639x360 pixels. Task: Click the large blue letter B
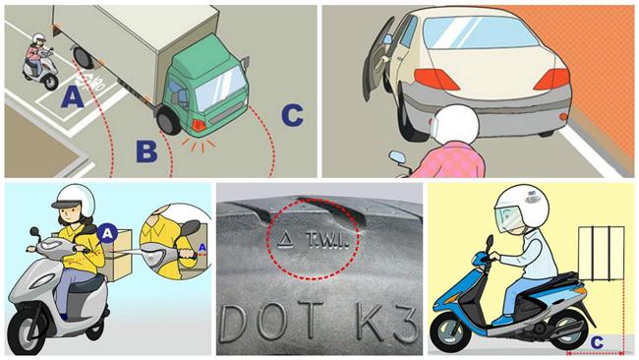click(x=146, y=151)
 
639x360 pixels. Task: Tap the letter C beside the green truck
click(x=293, y=115)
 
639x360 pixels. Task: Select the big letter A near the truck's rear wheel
click(x=73, y=97)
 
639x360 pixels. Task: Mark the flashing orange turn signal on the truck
click(x=200, y=125)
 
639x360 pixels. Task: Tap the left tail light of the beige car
click(x=436, y=79)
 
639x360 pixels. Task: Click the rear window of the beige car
click(x=480, y=31)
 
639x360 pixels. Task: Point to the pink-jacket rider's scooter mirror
click(x=397, y=157)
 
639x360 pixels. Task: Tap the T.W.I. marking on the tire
click(x=326, y=241)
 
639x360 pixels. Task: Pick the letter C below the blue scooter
click(x=597, y=342)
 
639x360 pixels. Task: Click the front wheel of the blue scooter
click(x=451, y=331)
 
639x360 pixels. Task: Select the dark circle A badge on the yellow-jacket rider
click(x=107, y=234)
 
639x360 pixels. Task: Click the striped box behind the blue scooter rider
click(x=601, y=253)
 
